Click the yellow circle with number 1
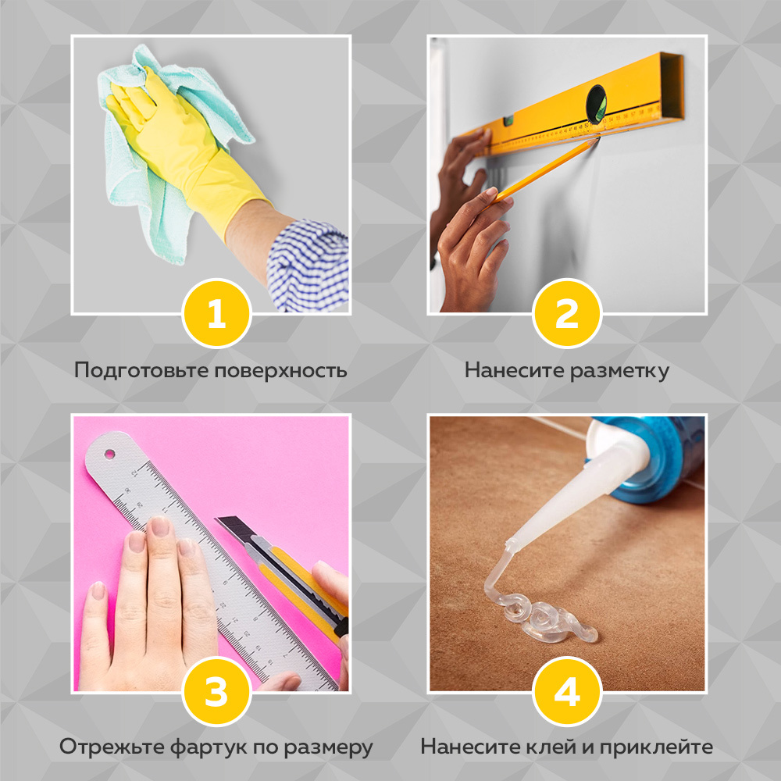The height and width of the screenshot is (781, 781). (216, 314)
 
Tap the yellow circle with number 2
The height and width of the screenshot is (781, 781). (566, 314)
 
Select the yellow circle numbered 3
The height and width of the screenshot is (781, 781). (216, 692)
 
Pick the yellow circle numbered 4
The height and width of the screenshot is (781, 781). (566, 692)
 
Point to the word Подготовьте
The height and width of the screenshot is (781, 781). (134, 370)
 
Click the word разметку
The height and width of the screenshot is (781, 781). (619, 370)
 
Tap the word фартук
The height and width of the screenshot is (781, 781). (202, 747)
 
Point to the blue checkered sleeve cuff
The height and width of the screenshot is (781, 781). (308, 266)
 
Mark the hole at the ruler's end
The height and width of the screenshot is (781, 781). (109, 452)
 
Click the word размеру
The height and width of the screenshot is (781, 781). (333, 747)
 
